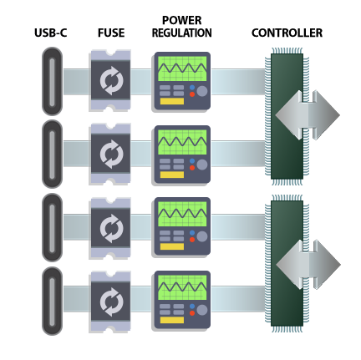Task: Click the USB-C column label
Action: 51,33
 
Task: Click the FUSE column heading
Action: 110,33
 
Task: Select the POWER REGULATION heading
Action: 181,27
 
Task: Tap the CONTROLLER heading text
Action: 287,33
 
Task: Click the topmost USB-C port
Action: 52,81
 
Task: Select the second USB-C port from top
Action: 52,155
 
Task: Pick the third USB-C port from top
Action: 52,227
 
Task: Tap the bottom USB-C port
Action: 52,300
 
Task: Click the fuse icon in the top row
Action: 110,81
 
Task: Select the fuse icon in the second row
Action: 110,155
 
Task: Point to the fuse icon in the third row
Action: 110,227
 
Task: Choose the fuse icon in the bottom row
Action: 110,300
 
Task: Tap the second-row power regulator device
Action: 181,155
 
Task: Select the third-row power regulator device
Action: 181,227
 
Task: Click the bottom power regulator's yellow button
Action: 171,319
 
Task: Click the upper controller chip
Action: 284,115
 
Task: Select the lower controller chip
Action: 284,262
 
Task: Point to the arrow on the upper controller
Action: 311,115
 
